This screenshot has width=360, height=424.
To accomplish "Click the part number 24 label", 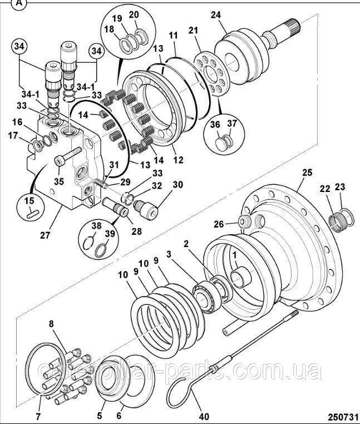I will point(215,15).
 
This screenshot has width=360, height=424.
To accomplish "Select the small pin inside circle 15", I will point(33,211).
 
